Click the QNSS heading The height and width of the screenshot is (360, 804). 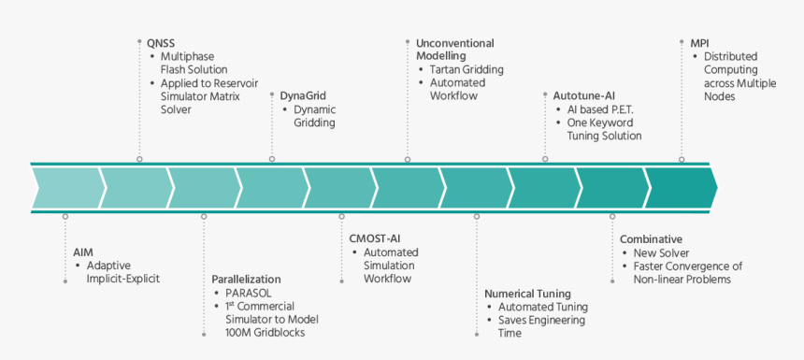tap(161, 43)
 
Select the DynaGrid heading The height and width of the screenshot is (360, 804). tap(303, 95)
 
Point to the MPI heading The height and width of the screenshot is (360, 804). tap(699, 43)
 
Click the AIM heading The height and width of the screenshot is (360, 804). tap(83, 252)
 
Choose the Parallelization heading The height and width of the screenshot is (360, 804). tap(246, 279)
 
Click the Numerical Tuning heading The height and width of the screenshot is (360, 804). tap(527, 293)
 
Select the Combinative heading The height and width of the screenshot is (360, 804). tap(651, 239)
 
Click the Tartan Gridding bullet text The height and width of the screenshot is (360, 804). tap(467, 69)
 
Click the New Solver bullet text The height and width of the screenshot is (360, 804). tap(661, 252)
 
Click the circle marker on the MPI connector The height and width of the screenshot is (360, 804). tap(682, 160)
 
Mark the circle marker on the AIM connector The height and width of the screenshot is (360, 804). tap(65, 216)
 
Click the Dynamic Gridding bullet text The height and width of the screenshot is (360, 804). tap(314, 116)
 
